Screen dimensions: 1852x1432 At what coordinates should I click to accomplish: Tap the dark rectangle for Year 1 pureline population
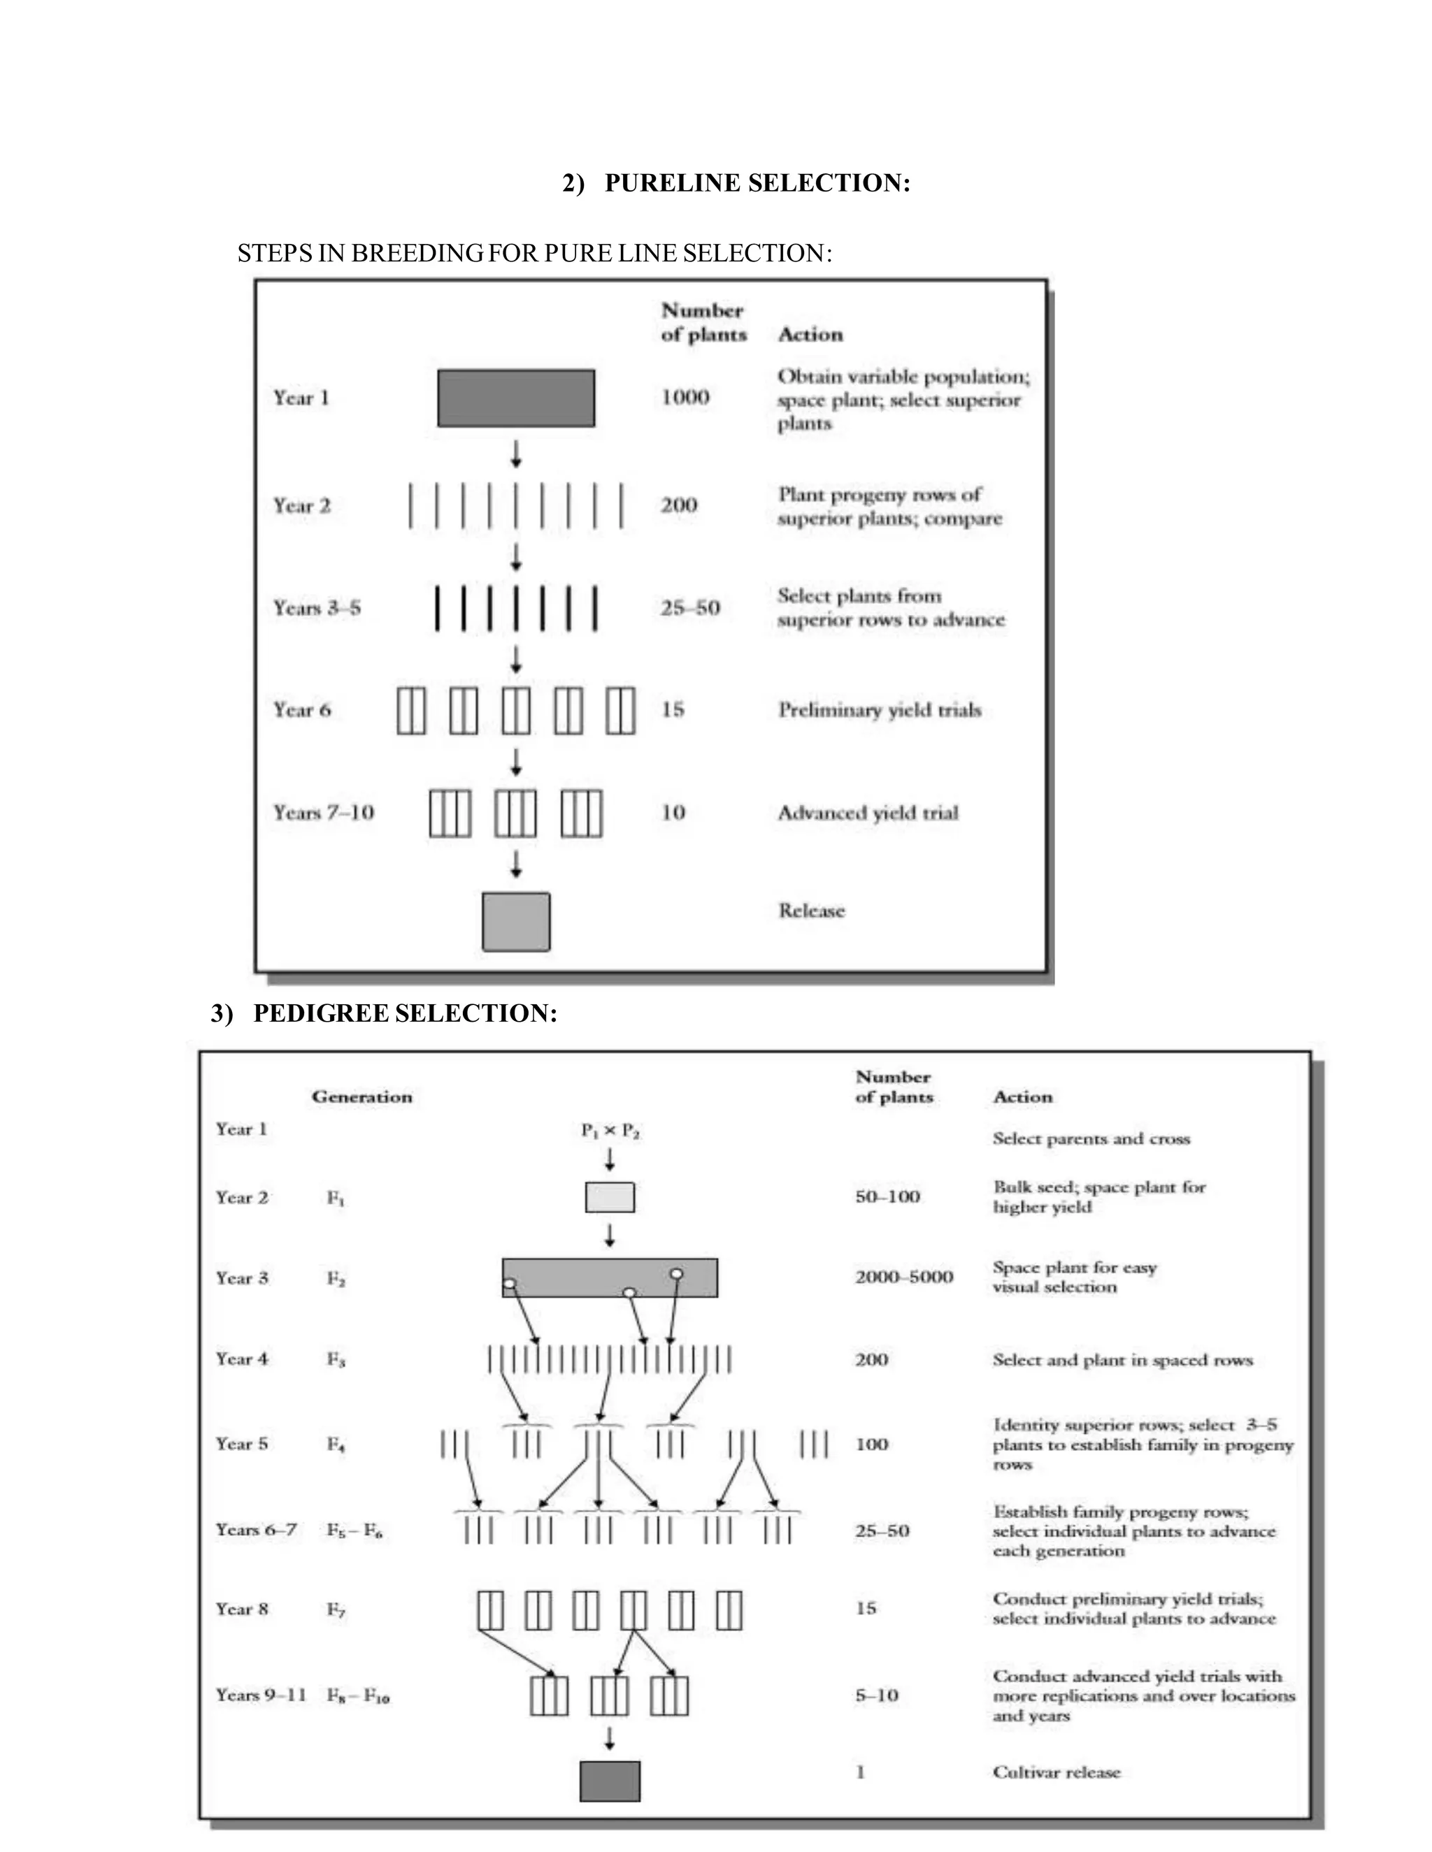click(x=516, y=398)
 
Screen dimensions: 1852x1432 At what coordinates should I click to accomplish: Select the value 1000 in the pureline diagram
click(x=685, y=398)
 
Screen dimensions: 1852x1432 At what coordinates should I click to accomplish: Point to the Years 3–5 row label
click(x=317, y=608)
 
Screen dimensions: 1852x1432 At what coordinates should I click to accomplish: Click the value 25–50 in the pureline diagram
click(x=689, y=608)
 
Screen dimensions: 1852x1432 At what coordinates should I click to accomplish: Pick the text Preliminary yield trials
click(x=880, y=711)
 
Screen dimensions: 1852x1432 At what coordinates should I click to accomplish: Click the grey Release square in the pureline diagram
click(x=516, y=922)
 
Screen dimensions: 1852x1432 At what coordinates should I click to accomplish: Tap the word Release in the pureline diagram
click(x=812, y=911)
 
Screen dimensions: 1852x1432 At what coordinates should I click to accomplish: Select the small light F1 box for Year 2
click(x=610, y=1197)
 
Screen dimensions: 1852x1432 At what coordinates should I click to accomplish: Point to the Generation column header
click(x=362, y=1097)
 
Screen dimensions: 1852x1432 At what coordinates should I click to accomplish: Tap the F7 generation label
click(x=336, y=1610)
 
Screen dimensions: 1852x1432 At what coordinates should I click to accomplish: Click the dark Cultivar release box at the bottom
click(x=610, y=1781)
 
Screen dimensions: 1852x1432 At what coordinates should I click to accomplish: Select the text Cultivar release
click(x=1057, y=1773)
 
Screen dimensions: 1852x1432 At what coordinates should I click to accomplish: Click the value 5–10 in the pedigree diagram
click(x=876, y=1696)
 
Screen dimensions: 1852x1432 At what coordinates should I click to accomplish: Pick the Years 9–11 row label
click(x=260, y=1696)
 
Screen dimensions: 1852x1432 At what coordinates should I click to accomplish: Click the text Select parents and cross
click(x=1091, y=1140)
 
